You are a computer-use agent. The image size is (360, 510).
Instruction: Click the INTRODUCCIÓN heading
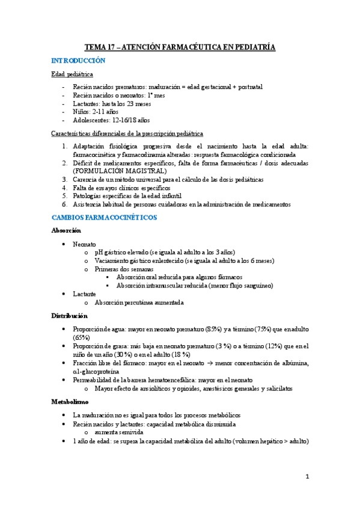point(79,61)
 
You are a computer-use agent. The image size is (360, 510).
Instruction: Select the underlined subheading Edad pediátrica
point(72,75)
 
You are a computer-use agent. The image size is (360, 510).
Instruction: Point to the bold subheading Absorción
point(66,230)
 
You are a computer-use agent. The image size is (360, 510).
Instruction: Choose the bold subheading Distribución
point(70,315)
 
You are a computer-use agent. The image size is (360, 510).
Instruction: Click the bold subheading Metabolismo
point(70,401)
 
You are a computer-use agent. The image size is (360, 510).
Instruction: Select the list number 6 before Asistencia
point(66,204)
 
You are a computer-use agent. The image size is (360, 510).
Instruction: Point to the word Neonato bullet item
point(85,244)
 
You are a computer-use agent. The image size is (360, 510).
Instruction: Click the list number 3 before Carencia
point(66,179)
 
